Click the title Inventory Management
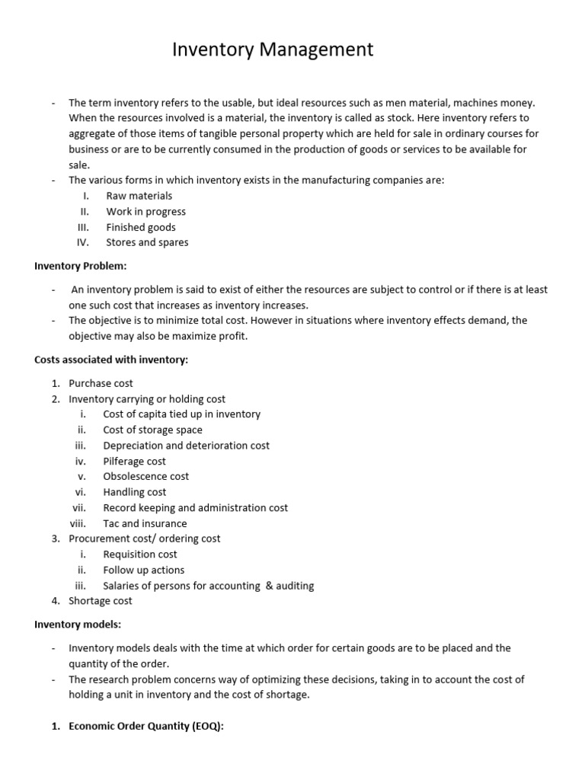tap(273, 50)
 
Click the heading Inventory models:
tap(77, 625)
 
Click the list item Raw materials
tap(139, 196)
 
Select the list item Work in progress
tap(145, 212)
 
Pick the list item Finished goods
tap(141, 227)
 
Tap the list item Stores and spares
tap(147, 242)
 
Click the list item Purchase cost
tap(101, 383)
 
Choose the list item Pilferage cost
tap(134, 461)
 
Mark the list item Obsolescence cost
tap(146, 476)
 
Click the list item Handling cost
tap(134, 492)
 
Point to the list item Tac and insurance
tap(145, 523)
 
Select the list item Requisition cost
tap(140, 554)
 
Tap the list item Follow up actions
tap(143, 570)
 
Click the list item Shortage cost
tap(100, 601)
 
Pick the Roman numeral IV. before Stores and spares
tap(83, 242)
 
